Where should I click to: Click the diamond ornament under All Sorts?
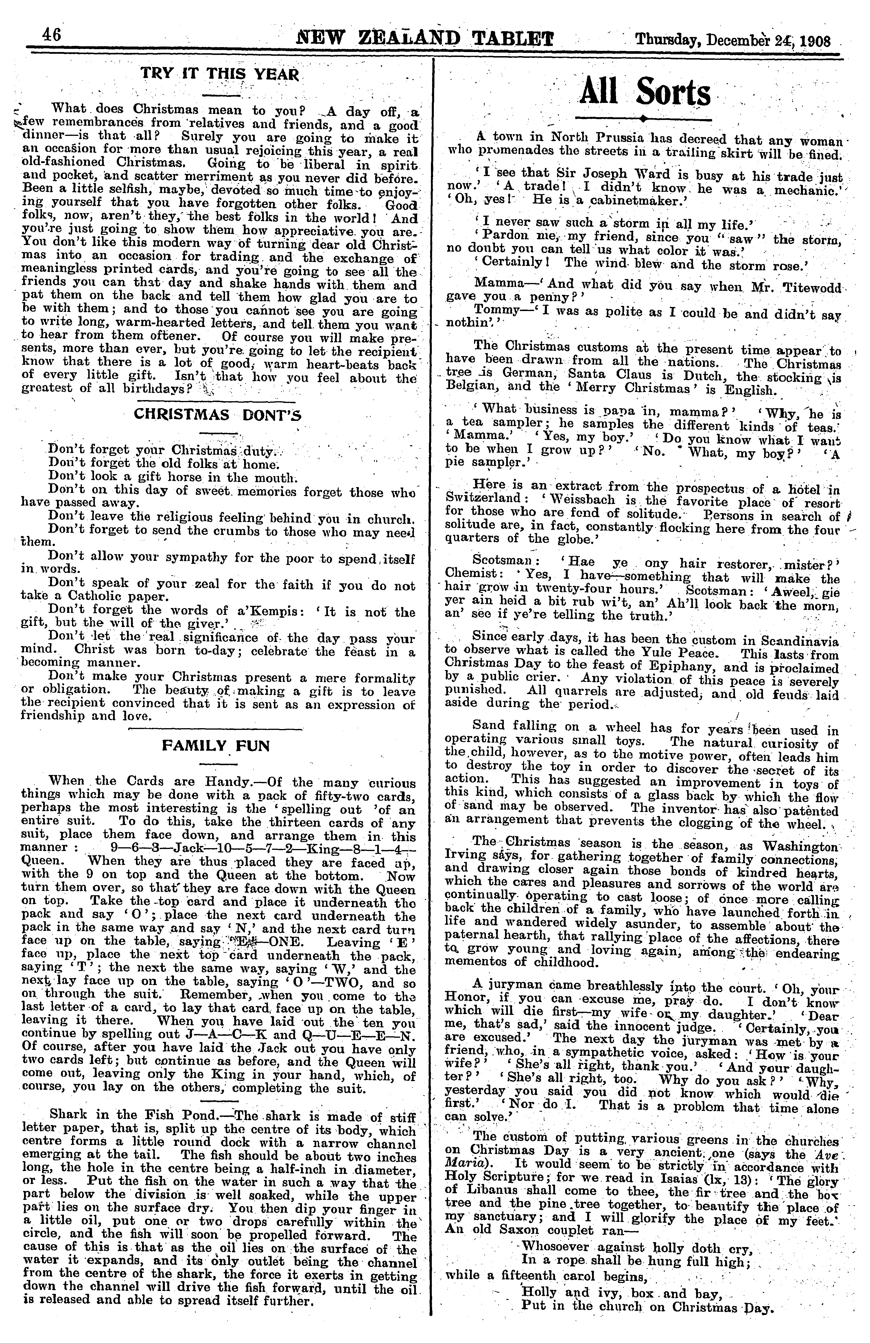(x=642, y=119)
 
